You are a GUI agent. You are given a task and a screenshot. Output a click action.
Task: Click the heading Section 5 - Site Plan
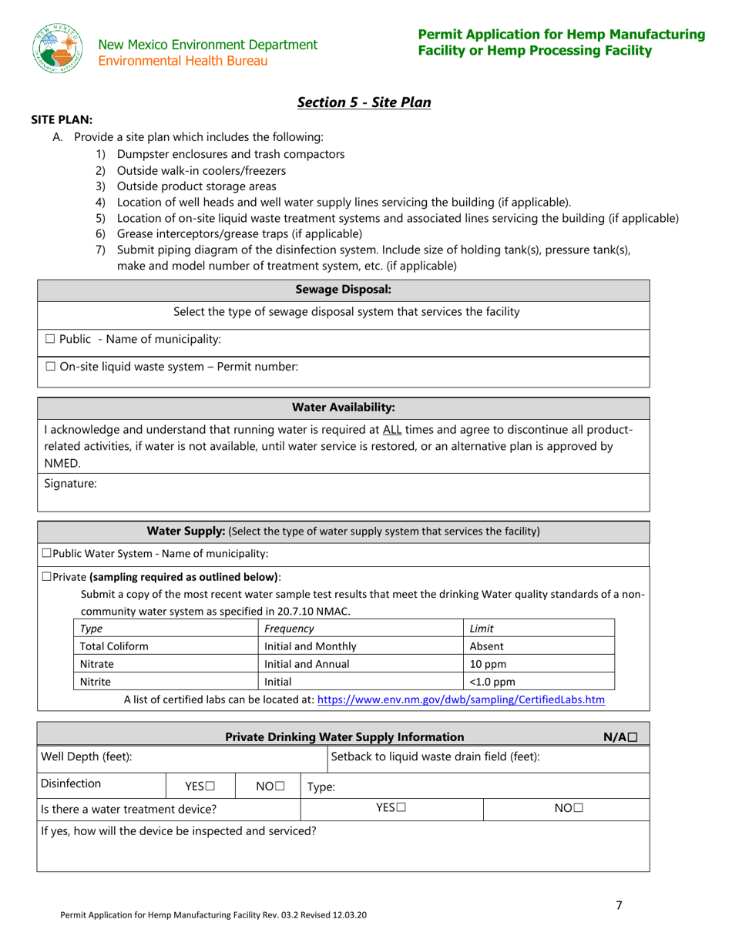(364, 102)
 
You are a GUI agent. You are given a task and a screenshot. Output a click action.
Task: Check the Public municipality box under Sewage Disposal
(50, 339)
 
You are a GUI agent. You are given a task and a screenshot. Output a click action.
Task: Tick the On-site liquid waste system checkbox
(50, 367)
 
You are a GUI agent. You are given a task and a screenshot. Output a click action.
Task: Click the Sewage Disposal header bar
(344, 290)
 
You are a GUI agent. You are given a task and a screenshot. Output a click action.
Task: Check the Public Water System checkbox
(47, 553)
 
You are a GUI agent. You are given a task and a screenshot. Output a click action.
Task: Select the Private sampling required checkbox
(47, 576)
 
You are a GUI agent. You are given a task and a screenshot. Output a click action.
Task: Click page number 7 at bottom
(619, 906)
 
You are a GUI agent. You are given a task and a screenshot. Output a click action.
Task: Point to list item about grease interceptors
(239, 233)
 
